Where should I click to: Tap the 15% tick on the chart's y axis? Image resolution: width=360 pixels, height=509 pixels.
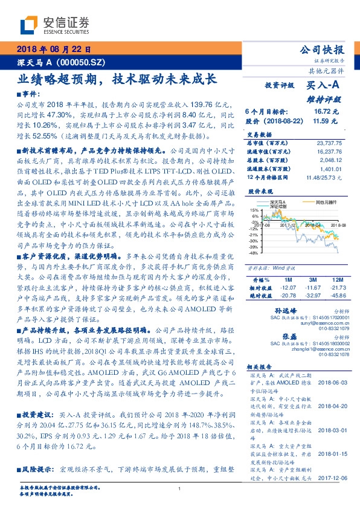pyautogui.click(x=256, y=210)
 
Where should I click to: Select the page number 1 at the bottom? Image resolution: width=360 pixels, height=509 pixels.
pyautogui.click(x=179, y=489)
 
